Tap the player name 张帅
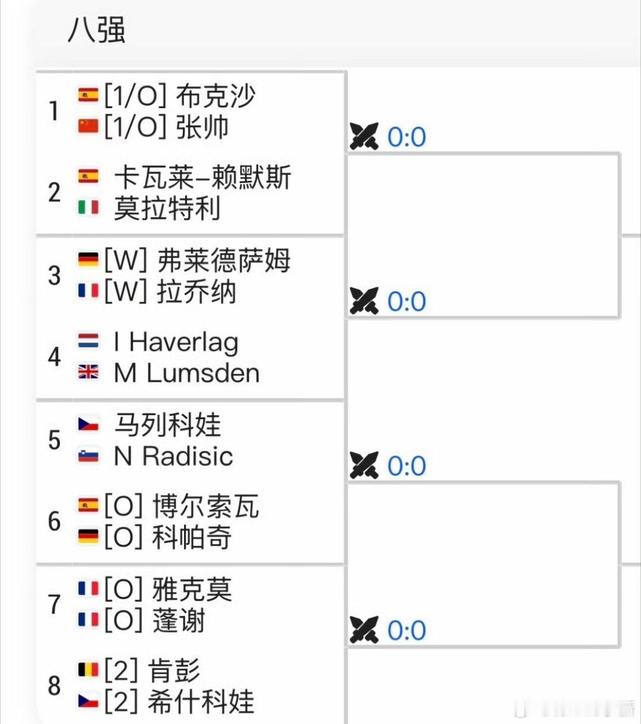202,127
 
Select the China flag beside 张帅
88,126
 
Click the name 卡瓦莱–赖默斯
202,177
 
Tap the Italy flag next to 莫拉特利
88,207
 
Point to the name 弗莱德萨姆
224,260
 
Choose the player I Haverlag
176,342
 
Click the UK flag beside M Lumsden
88,372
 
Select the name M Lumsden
186,373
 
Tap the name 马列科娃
167,425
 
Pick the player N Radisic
173,456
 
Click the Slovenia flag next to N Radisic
88,456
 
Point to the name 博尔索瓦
205,507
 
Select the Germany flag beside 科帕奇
88,537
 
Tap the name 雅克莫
192,590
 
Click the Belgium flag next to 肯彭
88,671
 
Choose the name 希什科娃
201,701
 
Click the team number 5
55,440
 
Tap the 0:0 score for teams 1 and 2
407,137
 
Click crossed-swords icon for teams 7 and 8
364,630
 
